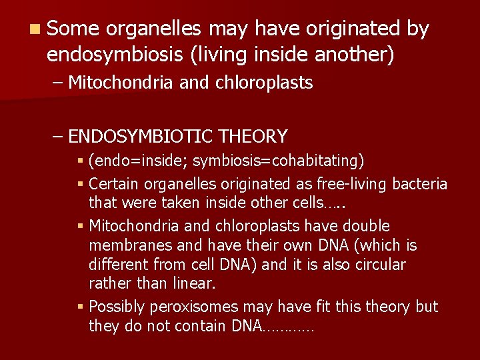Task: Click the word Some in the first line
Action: tap(73, 29)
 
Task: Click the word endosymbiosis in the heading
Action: tap(116, 54)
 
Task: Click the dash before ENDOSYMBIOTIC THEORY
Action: tap(58, 137)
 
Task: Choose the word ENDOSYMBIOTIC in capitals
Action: tap(140, 137)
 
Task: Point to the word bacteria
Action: tap(420, 184)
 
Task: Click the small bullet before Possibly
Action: tap(80, 307)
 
